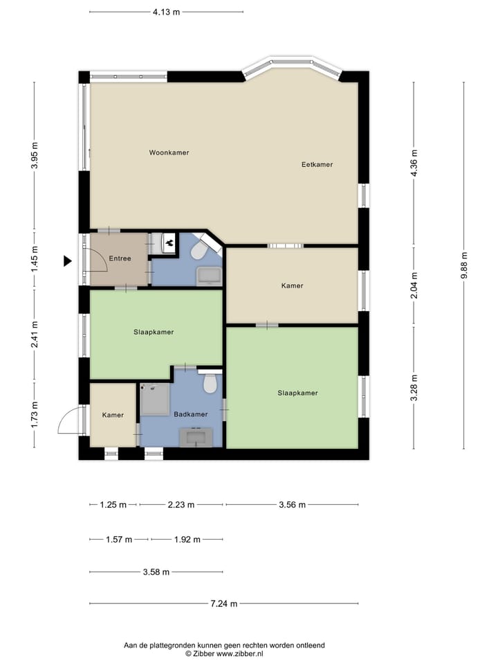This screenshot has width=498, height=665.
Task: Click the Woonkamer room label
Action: (x=169, y=152)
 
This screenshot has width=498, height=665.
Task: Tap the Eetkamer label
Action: (x=317, y=165)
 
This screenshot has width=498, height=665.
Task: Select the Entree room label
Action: (x=120, y=258)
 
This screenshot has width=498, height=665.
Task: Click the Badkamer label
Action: (x=191, y=414)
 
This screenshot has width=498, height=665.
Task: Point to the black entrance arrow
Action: (x=67, y=261)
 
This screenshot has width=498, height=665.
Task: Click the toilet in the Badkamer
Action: (x=210, y=382)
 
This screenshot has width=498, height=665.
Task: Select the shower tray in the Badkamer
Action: (x=156, y=400)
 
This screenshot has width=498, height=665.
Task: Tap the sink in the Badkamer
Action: (x=196, y=437)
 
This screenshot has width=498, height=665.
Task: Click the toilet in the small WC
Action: (x=199, y=251)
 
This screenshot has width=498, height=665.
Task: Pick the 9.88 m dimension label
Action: (x=464, y=265)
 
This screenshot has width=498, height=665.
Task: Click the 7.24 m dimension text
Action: (x=224, y=603)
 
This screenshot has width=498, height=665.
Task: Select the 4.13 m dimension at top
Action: (x=167, y=12)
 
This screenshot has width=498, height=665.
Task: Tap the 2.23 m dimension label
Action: (x=181, y=505)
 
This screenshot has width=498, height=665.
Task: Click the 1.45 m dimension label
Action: (x=35, y=259)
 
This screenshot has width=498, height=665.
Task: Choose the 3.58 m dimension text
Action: (x=156, y=572)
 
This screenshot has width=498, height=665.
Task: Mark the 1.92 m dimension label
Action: (x=187, y=540)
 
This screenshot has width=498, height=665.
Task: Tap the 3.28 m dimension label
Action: (x=414, y=388)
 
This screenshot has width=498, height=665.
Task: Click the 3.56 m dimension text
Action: (x=292, y=505)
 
